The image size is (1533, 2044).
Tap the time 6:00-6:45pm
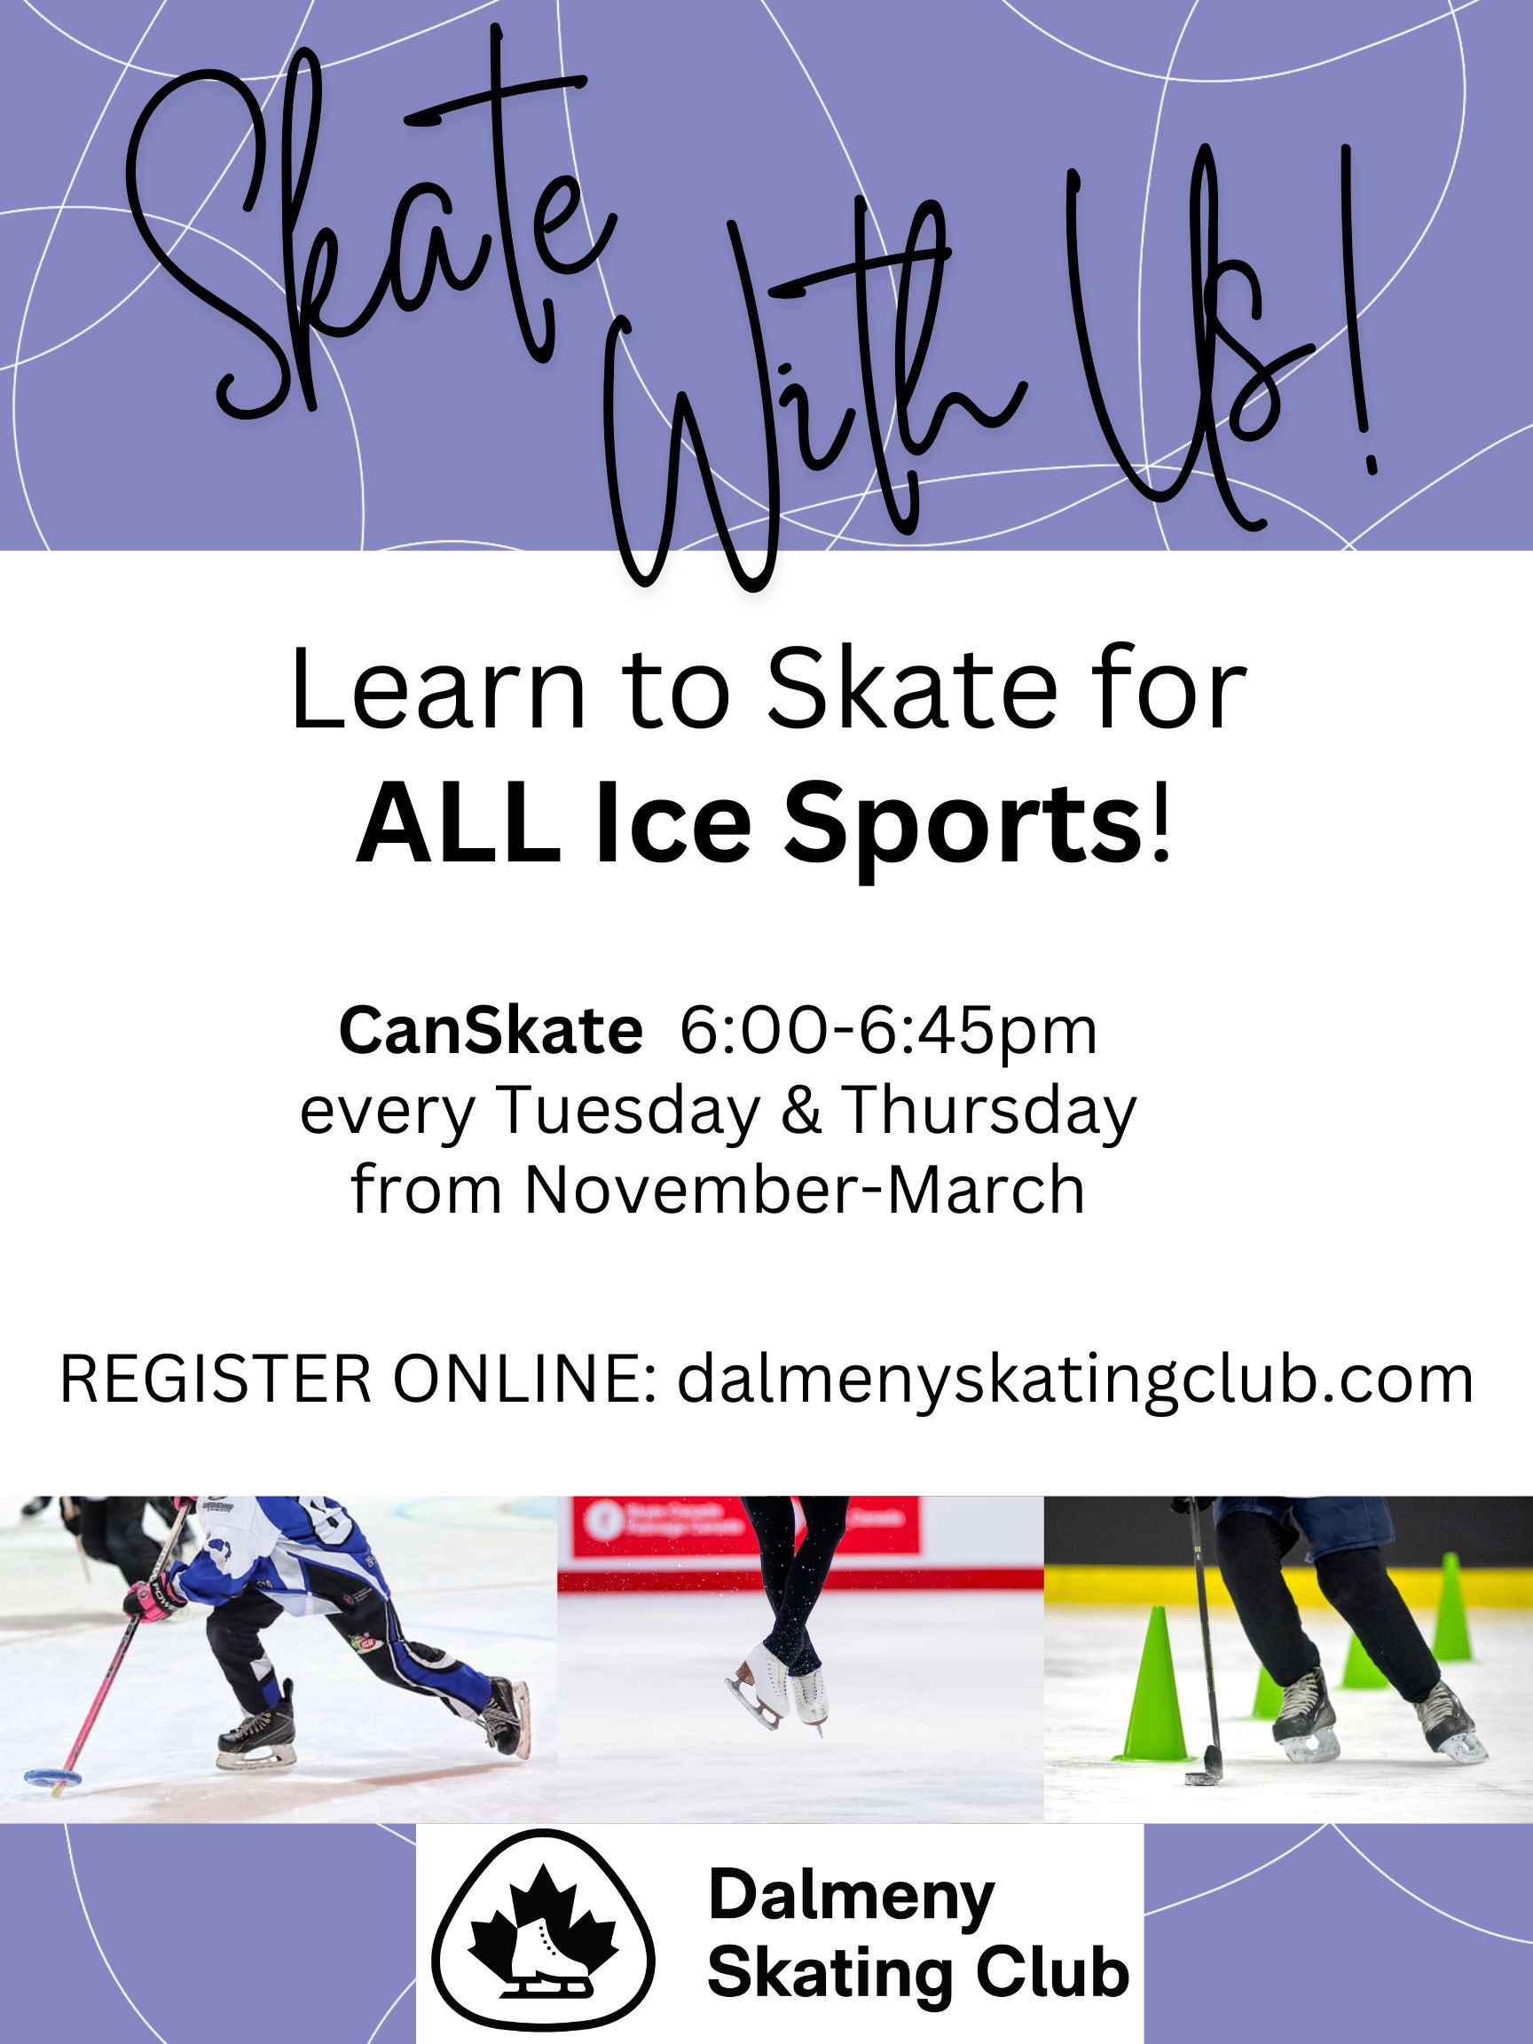888,1032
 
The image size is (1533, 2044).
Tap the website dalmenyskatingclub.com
1074,1381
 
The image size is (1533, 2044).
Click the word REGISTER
216,1381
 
